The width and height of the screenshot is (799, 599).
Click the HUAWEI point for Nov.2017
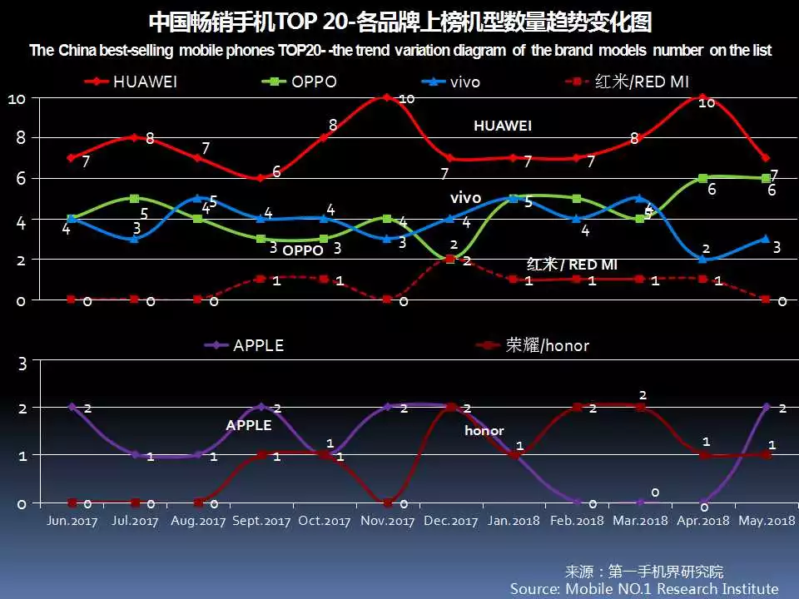386,97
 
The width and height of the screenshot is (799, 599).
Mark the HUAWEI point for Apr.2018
702,97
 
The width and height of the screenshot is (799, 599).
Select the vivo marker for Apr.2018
702,259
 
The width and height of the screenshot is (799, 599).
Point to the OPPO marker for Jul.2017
134,198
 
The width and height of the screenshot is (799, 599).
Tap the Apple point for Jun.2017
72,407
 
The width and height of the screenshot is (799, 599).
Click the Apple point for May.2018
766,407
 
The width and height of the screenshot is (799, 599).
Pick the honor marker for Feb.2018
576,407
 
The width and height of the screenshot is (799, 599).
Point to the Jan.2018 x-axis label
513,522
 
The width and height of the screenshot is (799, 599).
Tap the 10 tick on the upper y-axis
17,98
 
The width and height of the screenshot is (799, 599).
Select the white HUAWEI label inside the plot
503,126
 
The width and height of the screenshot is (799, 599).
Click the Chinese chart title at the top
399,22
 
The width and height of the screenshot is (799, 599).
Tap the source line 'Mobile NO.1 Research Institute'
644,588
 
